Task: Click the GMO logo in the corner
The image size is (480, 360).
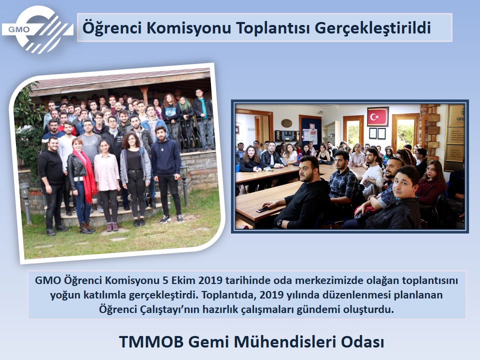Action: click(x=37, y=29)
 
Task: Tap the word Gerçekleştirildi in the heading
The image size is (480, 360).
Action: click(x=372, y=28)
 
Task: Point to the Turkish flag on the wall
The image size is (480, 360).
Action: click(x=378, y=116)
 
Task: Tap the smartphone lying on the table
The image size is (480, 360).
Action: click(x=263, y=209)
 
